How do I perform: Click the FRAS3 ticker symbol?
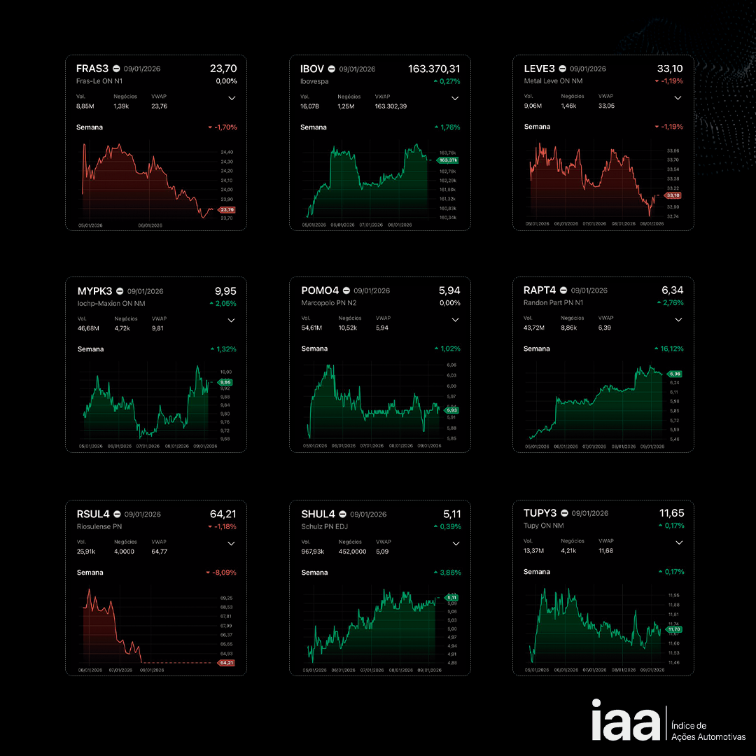(x=92, y=69)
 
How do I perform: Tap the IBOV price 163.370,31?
(x=434, y=69)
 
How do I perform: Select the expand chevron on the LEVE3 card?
(x=678, y=98)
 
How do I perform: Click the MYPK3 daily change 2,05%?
(x=223, y=304)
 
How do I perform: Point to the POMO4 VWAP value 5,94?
(x=382, y=328)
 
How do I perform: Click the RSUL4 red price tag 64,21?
(x=226, y=662)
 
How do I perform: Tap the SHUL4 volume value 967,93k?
(x=314, y=552)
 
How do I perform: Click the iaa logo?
(x=625, y=720)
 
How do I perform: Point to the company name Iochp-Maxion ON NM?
(x=111, y=304)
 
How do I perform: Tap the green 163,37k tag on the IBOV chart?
(x=447, y=160)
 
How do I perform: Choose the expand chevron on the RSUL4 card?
(x=232, y=543)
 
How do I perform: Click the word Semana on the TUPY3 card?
(x=537, y=572)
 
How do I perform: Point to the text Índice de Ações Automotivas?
(x=708, y=731)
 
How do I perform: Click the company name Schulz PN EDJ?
(x=325, y=526)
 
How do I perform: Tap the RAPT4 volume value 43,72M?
(x=535, y=328)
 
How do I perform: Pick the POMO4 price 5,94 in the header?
(x=449, y=290)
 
